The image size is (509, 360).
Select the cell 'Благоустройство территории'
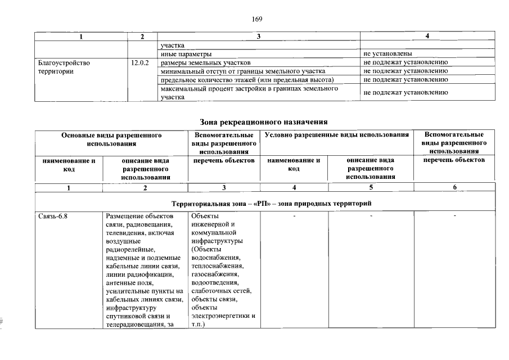pyautogui.click(x=63, y=67)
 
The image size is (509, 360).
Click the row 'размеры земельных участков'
pyautogui.click(x=209, y=62)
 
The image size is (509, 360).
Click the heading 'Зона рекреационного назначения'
pyautogui.click(x=264, y=121)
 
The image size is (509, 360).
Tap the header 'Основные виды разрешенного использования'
pyautogui.click(x=111, y=139)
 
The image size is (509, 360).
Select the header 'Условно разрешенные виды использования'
pyautogui.click(x=336, y=135)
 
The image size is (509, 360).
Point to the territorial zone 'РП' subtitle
pyautogui.click(x=272, y=202)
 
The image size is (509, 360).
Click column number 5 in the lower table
pyautogui.click(x=371, y=187)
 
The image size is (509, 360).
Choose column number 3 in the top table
pyautogui.click(x=258, y=37)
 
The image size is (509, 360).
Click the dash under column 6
pyautogui.click(x=454, y=216)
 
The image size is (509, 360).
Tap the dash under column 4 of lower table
pyautogui.click(x=294, y=216)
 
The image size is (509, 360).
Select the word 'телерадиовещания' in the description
pyautogui.click(x=134, y=325)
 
